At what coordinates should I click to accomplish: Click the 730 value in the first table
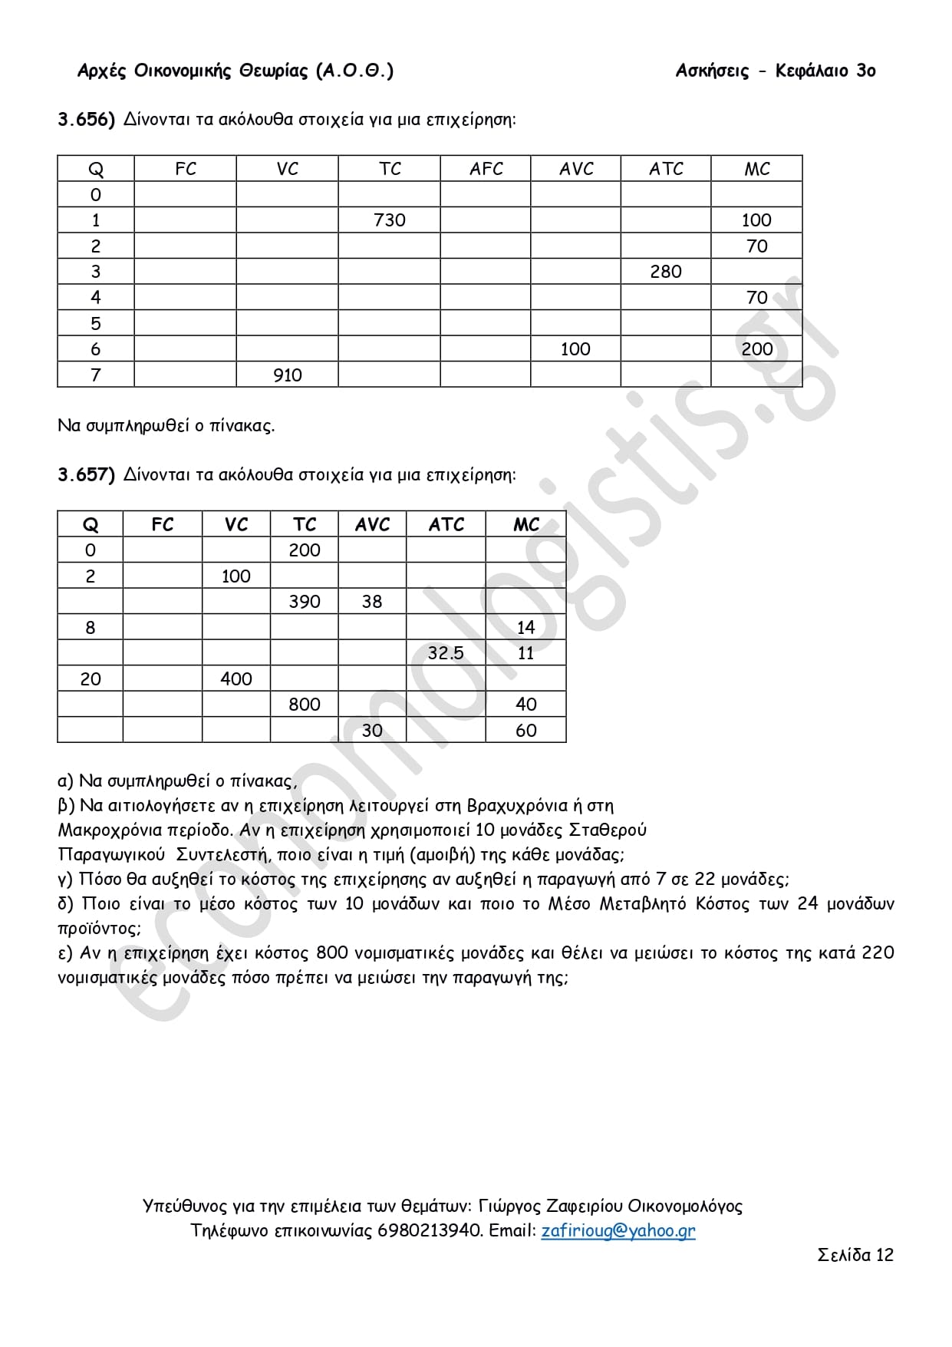point(389,220)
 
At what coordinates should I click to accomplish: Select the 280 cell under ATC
point(665,272)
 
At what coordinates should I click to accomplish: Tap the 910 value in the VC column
point(287,375)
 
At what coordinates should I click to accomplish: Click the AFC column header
point(486,169)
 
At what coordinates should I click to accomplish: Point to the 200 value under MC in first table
point(756,349)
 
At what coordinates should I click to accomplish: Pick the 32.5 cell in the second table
point(446,653)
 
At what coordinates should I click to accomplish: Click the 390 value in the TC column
point(304,602)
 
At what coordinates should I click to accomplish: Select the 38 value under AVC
point(371,602)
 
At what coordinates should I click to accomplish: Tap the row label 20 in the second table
point(90,679)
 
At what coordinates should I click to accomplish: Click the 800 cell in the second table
point(304,705)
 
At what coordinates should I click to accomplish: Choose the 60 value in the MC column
point(525,731)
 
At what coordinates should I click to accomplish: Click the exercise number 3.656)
point(86,120)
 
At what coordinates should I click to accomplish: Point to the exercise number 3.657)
point(86,475)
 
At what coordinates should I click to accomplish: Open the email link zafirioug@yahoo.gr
point(618,1231)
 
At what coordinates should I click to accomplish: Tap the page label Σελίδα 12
point(855,1256)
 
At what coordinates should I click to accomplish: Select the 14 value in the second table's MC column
point(525,628)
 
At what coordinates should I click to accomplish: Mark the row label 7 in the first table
point(95,375)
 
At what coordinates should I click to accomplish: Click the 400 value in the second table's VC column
point(236,679)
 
